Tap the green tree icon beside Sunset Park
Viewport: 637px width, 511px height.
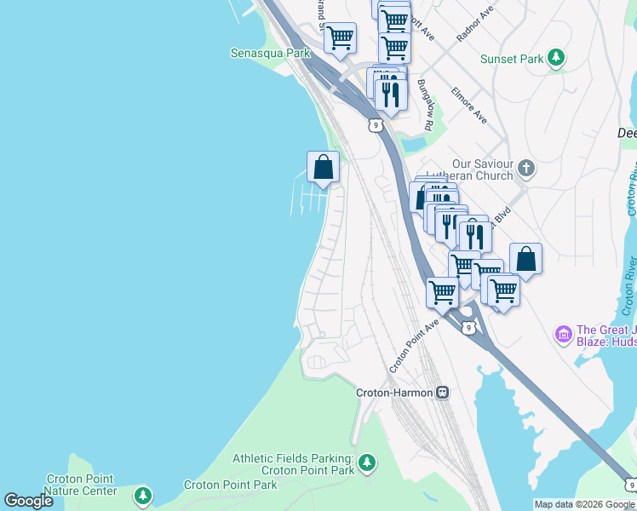tap(556, 58)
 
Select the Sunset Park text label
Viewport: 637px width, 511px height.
tap(511, 59)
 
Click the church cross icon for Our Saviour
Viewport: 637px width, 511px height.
tap(526, 168)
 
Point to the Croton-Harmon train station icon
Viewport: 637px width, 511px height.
tap(442, 393)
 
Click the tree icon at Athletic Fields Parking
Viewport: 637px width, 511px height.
tap(367, 463)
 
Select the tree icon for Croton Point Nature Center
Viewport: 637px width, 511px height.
tap(143, 495)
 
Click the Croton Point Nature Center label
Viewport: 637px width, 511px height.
tap(81, 485)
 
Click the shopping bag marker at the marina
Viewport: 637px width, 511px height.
tap(323, 167)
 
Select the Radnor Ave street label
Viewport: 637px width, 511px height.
tap(475, 26)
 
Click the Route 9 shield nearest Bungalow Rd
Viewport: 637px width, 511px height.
tap(375, 125)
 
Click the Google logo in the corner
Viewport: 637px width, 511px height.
tap(29, 501)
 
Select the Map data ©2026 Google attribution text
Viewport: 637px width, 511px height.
tap(584, 504)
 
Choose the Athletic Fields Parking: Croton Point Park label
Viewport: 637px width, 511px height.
tap(295, 464)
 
